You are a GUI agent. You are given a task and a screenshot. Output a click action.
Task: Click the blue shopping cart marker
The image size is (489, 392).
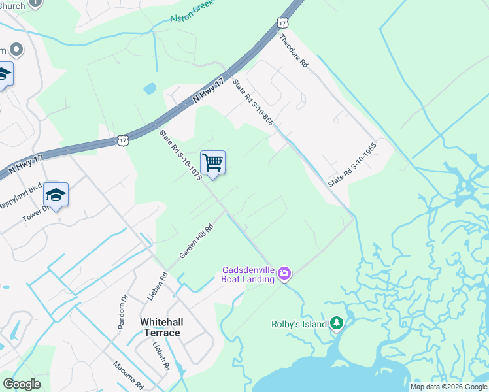(212, 163)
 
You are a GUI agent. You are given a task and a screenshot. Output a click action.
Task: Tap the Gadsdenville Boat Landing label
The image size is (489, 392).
(248, 274)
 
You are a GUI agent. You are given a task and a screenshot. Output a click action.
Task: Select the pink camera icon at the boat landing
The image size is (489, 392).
(284, 273)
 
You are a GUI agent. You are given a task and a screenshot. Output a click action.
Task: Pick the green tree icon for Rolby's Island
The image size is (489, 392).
(337, 323)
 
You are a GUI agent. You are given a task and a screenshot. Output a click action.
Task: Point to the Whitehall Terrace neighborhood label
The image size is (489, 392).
(160, 327)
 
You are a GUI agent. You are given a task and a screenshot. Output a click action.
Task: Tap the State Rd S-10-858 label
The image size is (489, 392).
(252, 101)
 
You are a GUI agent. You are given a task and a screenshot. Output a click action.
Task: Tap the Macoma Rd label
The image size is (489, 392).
(127, 373)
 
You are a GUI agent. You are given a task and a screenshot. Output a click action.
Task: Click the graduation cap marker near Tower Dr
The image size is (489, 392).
(56, 195)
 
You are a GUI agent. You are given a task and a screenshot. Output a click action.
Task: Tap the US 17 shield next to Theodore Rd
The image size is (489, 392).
(282, 23)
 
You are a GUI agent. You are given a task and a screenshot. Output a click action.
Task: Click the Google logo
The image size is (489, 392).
(22, 384)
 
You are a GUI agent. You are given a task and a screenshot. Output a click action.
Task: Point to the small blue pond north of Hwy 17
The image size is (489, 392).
(150, 88)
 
